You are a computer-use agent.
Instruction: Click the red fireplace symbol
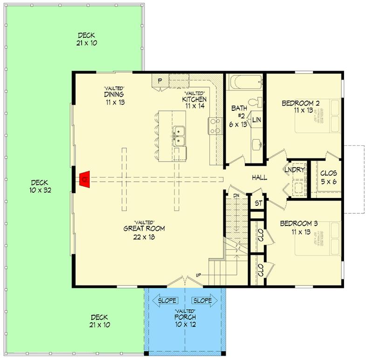(85, 178)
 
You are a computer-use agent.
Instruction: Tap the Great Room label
(144, 229)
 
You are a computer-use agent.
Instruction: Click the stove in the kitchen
(214, 125)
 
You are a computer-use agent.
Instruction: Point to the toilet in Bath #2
(255, 102)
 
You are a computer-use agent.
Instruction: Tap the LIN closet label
(256, 120)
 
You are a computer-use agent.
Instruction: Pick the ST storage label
(257, 203)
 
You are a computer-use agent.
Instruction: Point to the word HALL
(260, 178)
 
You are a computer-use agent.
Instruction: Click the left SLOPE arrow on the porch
(166, 300)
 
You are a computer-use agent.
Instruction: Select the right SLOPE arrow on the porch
(203, 300)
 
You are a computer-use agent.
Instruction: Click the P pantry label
(159, 81)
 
